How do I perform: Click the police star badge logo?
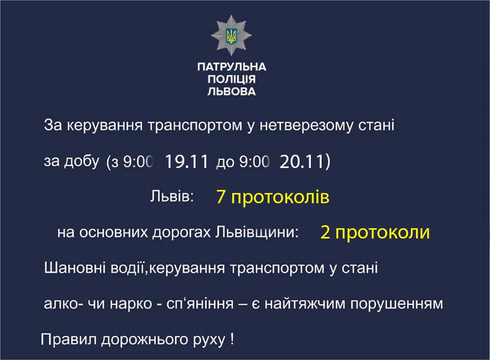pyautogui.click(x=231, y=35)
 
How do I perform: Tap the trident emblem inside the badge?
pyautogui.click(x=231, y=36)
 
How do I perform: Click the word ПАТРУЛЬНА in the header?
pyautogui.click(x=232, y=66)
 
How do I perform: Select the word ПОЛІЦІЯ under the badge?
pyautogui.click(x=232, y=79)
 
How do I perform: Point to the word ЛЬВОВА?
pyautogui.click(x=232, y=91)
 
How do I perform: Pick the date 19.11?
pyautogui.click(x=186, y=161)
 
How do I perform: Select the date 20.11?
pyautogui.click(x=302, y=161)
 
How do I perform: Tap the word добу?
pyautogui.click(x=82, y=161)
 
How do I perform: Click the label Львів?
pyautogui.click(x=172, y=196)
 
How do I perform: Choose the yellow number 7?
pyautogui.click(x=220, y=197)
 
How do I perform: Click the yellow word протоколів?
pyautogui.click(x=280, y=198)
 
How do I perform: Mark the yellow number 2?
pyautogui.click(x=325, y=233)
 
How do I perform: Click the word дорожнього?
pyautogui.click(x=144, y=340)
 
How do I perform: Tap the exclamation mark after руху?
pyautogui.click(x=232, y=339)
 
